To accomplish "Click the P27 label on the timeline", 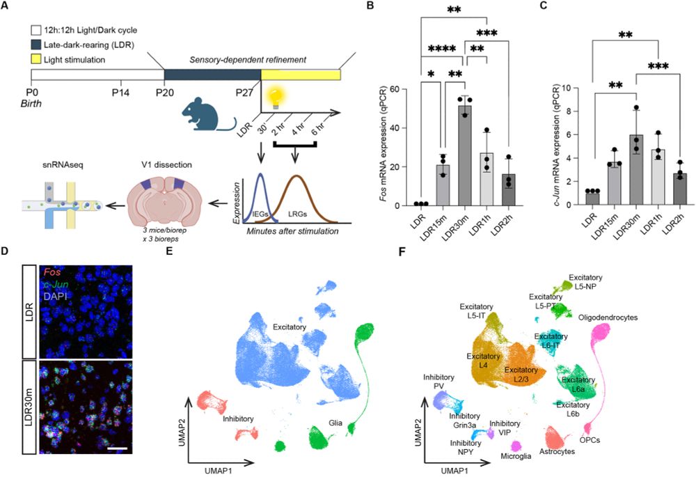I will point(260,91).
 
